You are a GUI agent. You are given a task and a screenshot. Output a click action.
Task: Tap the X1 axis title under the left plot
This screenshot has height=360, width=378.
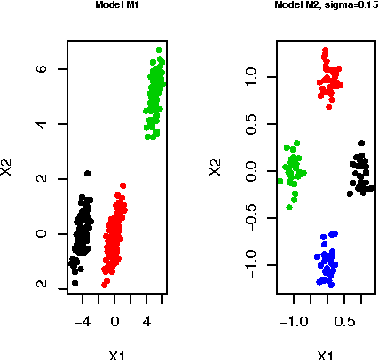click(x=115, y=355)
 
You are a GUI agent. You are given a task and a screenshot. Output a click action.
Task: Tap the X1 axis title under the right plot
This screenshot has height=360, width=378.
click(x=326, y=355)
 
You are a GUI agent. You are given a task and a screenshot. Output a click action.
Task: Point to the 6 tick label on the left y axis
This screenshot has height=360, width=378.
click(x=40, y=68)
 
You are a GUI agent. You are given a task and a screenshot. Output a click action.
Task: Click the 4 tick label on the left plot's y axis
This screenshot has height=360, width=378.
click(x=40, y=123)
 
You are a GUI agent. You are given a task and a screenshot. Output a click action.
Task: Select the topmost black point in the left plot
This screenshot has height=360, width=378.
click(x=87, y=174)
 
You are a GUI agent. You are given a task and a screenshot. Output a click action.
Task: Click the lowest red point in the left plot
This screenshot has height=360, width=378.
click(x=105, y=286)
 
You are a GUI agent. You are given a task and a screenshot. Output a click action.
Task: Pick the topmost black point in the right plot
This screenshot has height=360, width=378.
click(x=361, y=143)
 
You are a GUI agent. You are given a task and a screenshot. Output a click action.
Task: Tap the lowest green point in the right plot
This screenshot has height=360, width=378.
click(x=288, y=207)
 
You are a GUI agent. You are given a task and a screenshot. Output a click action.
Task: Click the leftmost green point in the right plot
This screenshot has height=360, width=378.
click(x=280, y=181)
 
